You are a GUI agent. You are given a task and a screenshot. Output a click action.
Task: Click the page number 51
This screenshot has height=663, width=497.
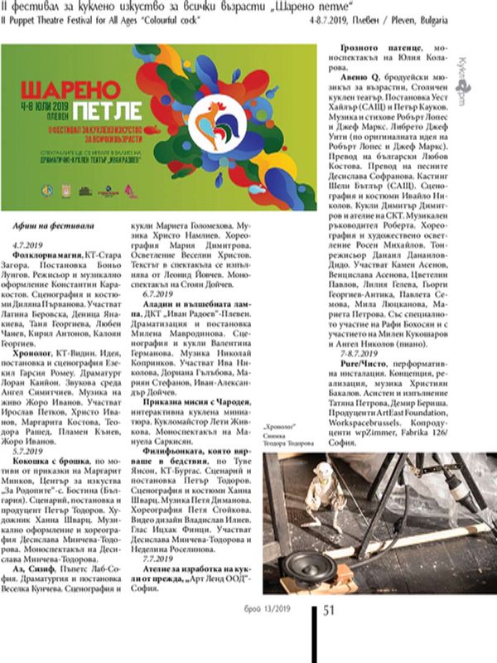pyautogui.click(x=329, y=611)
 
